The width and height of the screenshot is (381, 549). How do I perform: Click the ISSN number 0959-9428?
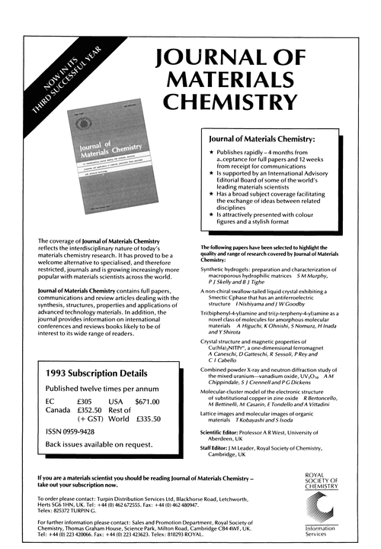(83, 438)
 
